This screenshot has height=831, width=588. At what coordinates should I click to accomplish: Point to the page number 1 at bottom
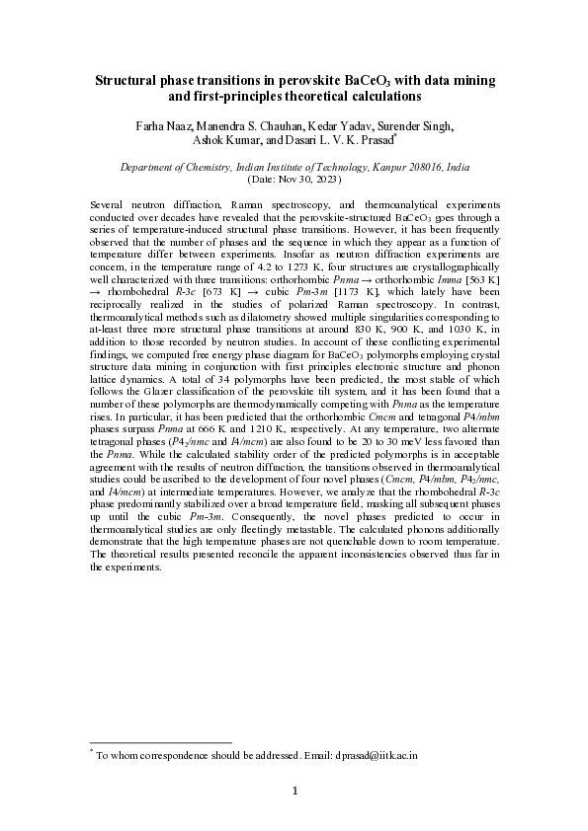(294, 791)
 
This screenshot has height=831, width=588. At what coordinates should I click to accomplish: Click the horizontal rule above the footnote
(160, 741)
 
